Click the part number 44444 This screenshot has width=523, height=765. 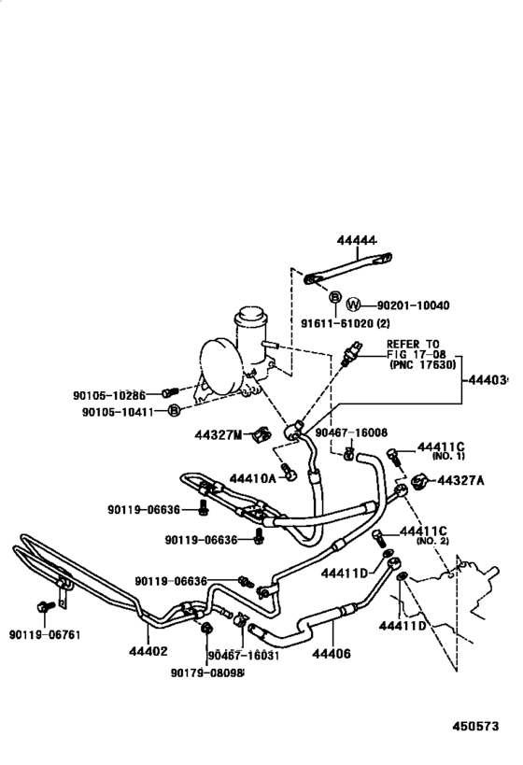[x=356, y=241]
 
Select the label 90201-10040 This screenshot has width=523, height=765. [x=413, y=305]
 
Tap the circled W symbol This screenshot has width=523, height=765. [x=353, y=305]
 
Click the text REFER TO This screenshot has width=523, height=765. [x=414, y=345]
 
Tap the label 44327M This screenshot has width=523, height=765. [x=219, y=434]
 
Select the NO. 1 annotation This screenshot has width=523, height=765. [x=447, y=458]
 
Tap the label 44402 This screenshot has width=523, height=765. [x=148, y=653]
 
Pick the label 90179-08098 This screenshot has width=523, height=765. [x=206, y=672]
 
